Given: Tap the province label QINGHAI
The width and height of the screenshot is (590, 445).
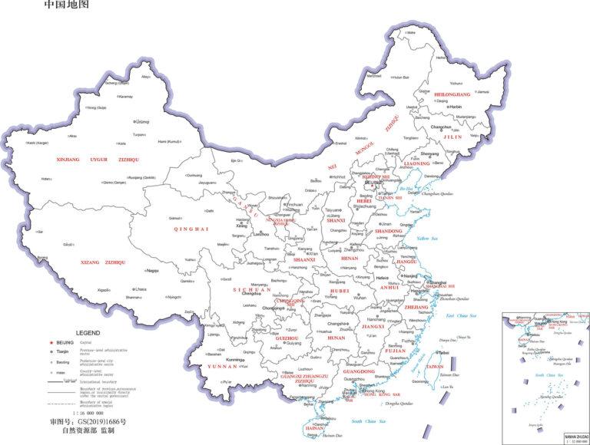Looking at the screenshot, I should coord(191,229).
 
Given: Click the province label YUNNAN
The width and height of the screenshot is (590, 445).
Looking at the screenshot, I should coord(223,367).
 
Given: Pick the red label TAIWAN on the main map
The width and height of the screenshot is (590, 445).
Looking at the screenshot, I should coord(435,367).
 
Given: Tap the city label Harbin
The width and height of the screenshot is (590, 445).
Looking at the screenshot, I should coord(455,107).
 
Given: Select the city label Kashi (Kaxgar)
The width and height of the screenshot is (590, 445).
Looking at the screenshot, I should coord(39,143).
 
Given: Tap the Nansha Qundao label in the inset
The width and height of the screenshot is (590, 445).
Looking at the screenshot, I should coord(549,397).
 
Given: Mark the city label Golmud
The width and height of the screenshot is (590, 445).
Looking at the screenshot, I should coord(174,218).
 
